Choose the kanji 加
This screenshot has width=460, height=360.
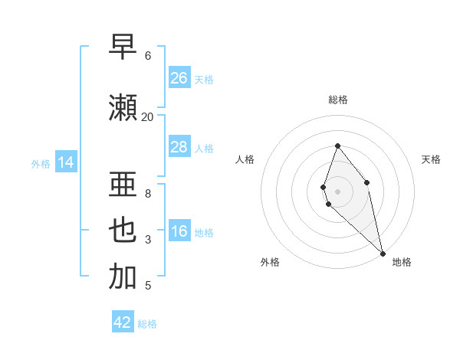[123, 277]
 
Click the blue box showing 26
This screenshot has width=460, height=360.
[179, 78]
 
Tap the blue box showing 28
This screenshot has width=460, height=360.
[179, 148]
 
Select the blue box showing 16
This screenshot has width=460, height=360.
[179, 232]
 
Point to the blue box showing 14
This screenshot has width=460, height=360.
[66, 162]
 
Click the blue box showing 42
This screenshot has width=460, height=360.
[123, 322]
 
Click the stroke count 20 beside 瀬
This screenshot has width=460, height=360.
[147, 116]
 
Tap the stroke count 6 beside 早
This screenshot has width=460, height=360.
[147, 56]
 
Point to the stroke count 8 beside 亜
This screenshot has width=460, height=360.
[147, 194]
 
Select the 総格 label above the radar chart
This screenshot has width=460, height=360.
[337, 100]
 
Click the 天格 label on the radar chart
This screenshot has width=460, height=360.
[431, 159]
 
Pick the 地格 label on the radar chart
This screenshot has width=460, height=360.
[402, 262]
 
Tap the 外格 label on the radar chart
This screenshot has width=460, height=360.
[270, 262]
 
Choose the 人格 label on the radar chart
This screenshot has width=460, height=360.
[245, 159]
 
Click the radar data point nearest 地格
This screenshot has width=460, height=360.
[383, 253]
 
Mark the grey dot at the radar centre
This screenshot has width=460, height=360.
[337, 191]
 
